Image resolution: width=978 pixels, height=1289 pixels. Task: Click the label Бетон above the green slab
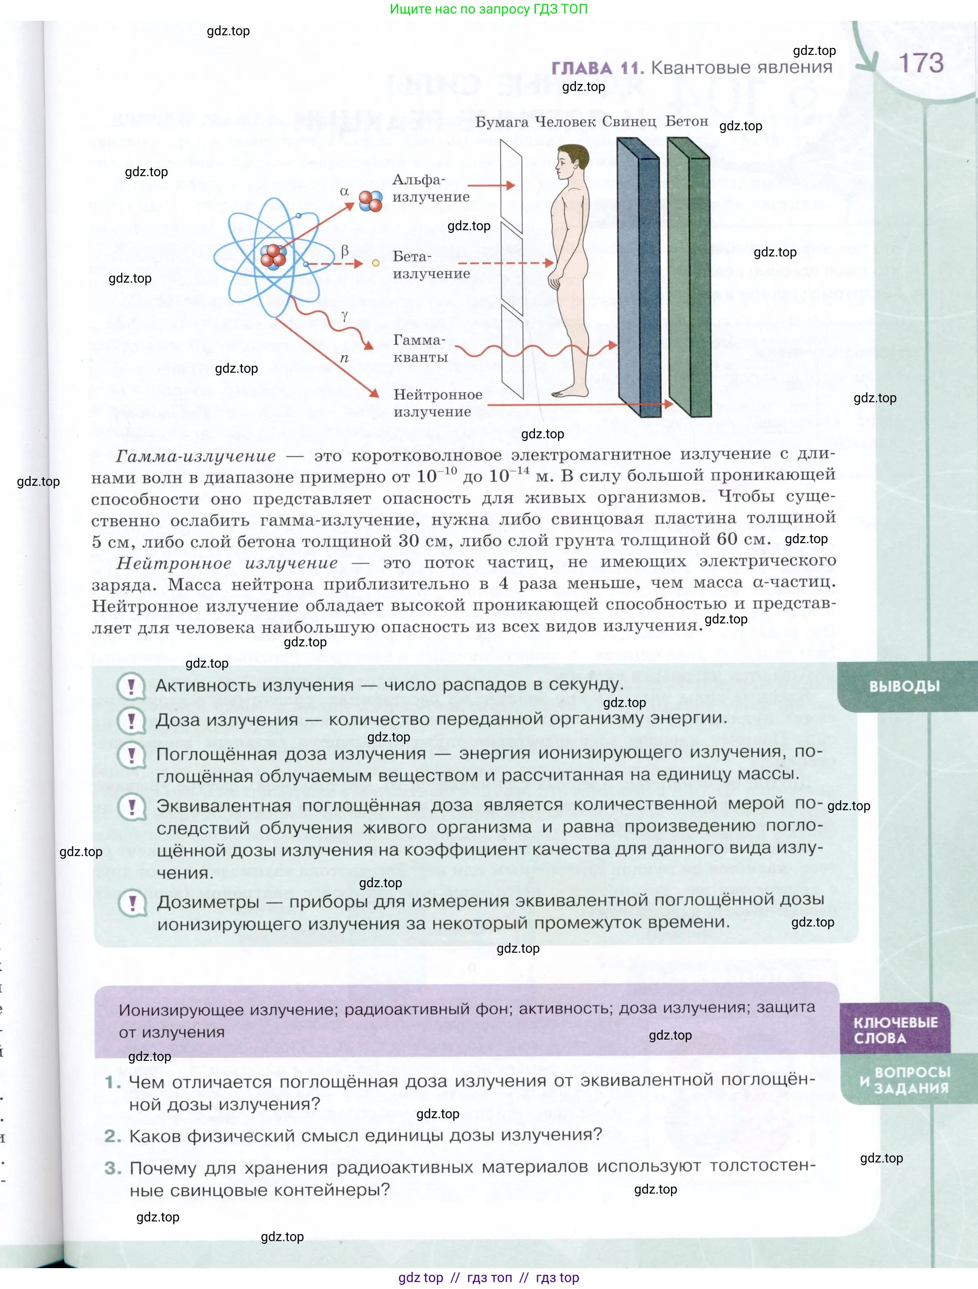(x=686, y=121)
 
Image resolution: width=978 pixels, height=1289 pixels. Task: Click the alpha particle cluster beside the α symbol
(x=370, y=201)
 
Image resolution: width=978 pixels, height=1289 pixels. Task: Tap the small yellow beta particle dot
(x=376, y=263)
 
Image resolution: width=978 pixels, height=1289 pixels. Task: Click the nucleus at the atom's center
(x=273, y=255)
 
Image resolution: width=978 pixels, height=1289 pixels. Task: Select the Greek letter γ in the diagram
(x=345, y=315)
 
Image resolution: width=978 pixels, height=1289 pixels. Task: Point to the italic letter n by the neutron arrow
(x=344, y=358)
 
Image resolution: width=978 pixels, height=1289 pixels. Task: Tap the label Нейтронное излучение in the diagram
(x=438, y=403)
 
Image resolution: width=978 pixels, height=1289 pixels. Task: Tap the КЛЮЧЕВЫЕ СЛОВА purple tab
(x=895, y=1030)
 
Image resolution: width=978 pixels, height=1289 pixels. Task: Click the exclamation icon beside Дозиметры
(x=132, y=903)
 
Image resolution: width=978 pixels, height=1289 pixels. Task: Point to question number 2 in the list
(x=113, y=1136)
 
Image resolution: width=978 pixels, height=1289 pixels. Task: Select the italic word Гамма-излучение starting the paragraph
(x=195, y=456)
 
